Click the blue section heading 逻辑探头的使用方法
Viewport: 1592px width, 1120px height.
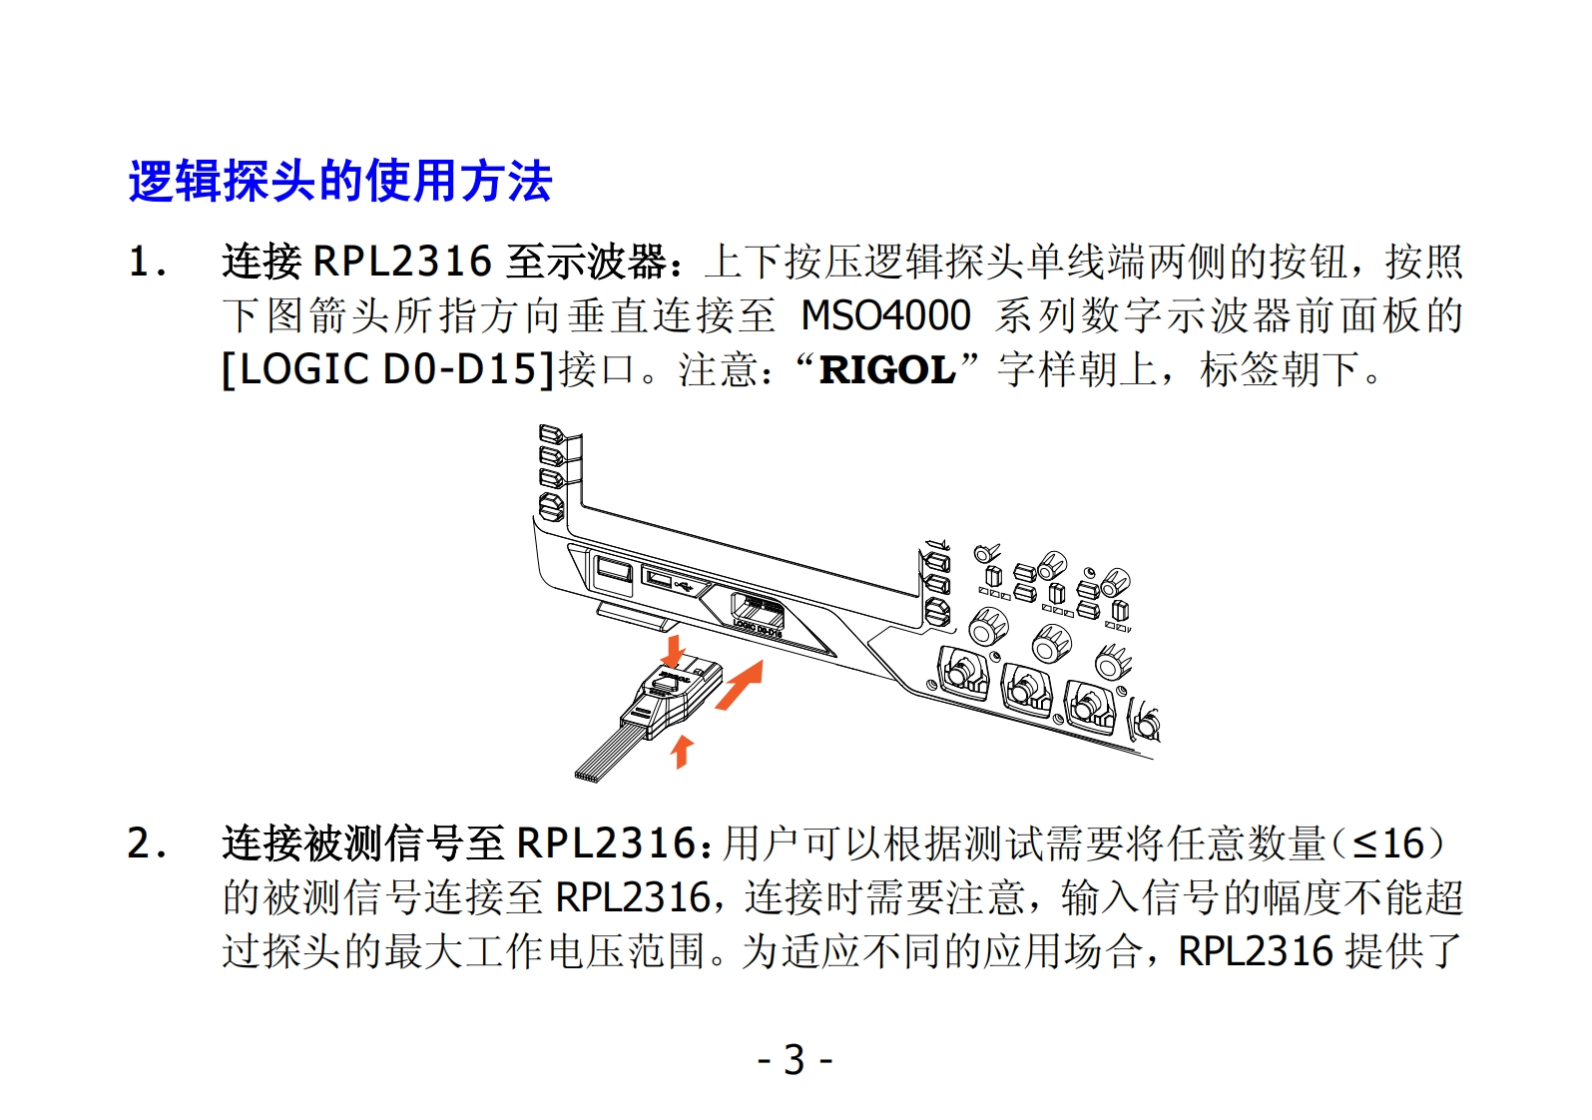[339, 182]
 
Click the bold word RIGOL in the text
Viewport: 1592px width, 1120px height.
[886, 369]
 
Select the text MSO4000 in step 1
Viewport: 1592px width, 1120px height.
[885, 315]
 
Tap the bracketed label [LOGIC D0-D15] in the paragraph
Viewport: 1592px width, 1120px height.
[388, 369]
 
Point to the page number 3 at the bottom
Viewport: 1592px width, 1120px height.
[795, 1059]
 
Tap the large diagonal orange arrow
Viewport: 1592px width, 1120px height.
[740, 686]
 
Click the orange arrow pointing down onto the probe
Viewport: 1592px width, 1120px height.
[675, 650]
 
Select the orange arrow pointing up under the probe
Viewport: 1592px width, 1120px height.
[682, 750]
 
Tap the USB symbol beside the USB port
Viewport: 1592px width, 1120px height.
[686, 584]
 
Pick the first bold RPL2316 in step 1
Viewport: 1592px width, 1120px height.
[402, 263]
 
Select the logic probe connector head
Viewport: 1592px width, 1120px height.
[671, 699]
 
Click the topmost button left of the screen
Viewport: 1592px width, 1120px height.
[551, 434]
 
